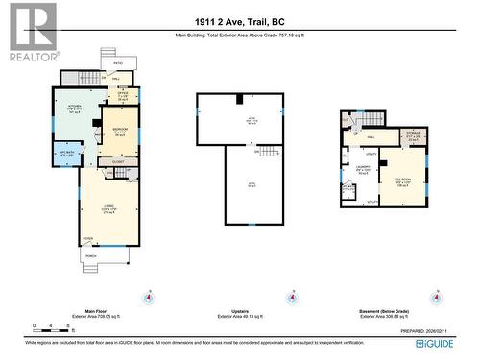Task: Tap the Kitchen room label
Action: [74, 108]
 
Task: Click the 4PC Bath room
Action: [68, 153]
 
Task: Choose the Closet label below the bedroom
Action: [116, 161]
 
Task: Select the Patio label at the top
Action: [128, 65]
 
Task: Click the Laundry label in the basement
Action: [363, 171]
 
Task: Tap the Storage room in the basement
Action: [414, 135]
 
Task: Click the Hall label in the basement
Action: [371, 137]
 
